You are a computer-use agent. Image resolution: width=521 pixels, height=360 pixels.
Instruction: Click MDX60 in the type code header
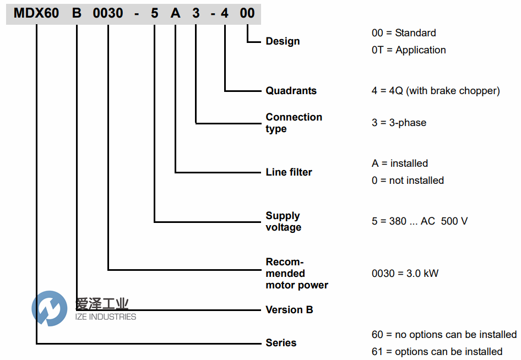click(36, 13)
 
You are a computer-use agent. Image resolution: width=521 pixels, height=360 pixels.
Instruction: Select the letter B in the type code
click(77, 13)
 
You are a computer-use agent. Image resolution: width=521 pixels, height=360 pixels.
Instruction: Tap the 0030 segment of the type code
click(108, 13)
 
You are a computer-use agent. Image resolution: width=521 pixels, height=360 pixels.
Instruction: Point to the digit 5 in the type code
click(155, 13)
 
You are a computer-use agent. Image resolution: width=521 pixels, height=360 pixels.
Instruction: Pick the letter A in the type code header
click(176, 13)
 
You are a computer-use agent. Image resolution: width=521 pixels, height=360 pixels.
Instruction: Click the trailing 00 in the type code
click(247, 13)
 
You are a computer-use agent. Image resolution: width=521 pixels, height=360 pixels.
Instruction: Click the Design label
click(283, 41)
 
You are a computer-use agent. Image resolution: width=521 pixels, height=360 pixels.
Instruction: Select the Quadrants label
click(291, 91)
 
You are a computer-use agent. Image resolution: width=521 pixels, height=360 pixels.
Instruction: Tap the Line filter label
click(289, 172)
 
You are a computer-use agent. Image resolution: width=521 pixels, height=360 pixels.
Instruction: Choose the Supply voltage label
click(283, 221)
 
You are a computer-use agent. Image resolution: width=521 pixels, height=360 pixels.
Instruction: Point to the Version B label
click(289, 310)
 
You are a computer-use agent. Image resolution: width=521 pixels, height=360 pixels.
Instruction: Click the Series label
click(281, 343)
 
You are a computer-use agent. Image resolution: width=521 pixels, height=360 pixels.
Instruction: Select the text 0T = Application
click(409, 50)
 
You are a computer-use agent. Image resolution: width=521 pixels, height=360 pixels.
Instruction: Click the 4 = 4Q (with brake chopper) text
click(436, 91)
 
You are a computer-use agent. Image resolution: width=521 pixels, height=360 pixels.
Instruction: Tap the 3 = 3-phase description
click(399, 123)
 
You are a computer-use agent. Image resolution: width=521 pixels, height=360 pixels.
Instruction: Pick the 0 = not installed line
click(408, 181)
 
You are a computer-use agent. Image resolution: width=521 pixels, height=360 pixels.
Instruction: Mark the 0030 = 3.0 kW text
click(405, 274)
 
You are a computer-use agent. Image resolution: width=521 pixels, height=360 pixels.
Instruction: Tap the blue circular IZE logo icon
click(49, 308)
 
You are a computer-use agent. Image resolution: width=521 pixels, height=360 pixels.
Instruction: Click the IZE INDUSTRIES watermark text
click(105, 317)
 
